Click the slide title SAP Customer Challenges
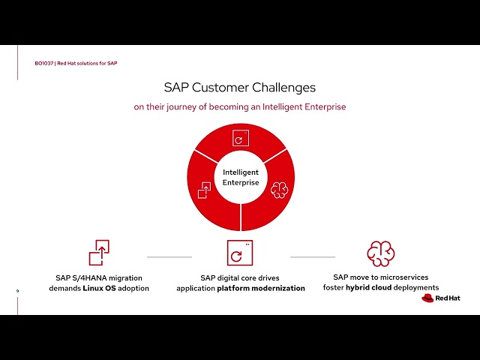point(240,87)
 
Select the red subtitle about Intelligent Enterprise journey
point(240,106)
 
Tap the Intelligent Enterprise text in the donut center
point(240,178)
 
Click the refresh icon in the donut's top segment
point(240,139)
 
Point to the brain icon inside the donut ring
point(279,188)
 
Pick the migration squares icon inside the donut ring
point(203,190)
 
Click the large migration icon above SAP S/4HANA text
point(99,253)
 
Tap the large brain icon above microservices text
point(380,253)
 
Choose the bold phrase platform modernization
point(261,288)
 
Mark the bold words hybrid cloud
point(367,287)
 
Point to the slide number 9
point(17,291)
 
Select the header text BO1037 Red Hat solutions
point(76,63)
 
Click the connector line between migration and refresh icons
point(169,256)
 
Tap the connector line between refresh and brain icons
point(312,256)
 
